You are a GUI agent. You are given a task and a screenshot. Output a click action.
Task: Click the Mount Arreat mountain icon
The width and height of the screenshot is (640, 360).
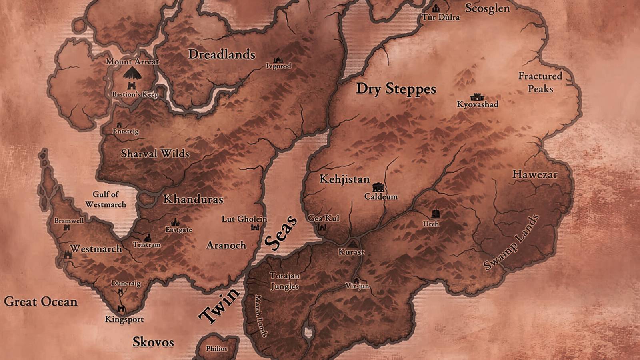(132, 73)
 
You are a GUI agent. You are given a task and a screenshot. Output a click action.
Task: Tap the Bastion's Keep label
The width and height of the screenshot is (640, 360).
(135, 95)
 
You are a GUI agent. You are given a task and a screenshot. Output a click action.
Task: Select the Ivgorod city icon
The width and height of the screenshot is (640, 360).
(278, 60)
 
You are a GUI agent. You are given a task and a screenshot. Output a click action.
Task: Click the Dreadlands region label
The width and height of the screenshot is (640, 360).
(222, 54)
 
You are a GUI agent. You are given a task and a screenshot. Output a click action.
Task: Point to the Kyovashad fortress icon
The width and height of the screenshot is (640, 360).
(476, 97)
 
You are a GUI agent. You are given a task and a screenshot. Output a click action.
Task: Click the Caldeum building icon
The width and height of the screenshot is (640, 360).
(378, 187)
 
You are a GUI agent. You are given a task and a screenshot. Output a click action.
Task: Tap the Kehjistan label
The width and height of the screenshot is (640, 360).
(344, 179)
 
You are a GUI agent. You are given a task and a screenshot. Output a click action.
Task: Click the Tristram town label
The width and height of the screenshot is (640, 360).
(147, 245)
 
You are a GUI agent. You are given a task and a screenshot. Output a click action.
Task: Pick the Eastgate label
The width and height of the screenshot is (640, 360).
(179, 230)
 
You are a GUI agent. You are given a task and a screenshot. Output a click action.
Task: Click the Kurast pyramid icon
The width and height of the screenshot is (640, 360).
(352, 243)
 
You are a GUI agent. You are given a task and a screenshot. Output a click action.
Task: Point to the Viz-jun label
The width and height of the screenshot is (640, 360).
(357, 286)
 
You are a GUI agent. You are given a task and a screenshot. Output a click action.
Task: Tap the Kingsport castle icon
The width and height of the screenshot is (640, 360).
(121, 309)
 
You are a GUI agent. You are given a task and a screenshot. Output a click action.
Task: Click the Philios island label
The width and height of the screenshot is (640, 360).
(216, 348)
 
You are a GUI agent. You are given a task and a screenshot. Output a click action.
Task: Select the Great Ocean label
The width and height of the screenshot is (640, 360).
(41, 302)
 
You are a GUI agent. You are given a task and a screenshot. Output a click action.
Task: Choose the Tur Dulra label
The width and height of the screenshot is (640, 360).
(441, 17)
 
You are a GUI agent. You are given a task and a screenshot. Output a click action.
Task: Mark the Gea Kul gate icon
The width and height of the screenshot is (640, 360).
(322, 228)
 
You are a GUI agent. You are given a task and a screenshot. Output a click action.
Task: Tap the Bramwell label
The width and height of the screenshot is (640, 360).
(69, 221)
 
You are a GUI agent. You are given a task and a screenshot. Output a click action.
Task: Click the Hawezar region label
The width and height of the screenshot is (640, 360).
(535, 174)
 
